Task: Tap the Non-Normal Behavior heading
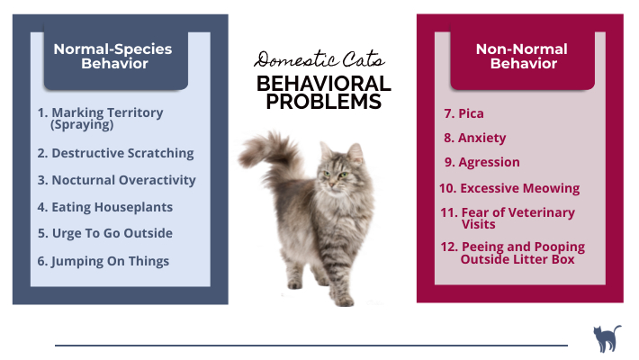[x=523, y=56]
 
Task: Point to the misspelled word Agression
[x=489, y=163]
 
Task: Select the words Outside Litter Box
[x=517, y=259]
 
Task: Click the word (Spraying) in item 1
[x=82, y=125]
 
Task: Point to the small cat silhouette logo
[x=606, y=339]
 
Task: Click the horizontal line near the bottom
[x=310, y=345]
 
